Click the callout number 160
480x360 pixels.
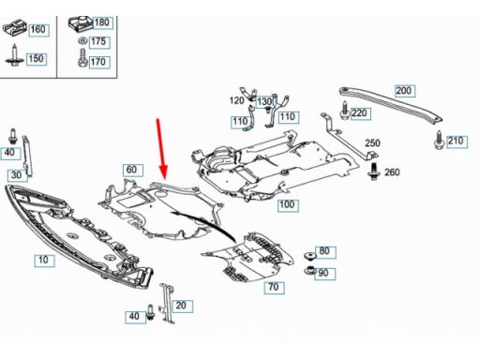click(38, 30)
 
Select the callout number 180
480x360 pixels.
click(102, 22)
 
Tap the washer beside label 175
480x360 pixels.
click(82, 41)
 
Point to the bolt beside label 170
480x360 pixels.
click(82, 57)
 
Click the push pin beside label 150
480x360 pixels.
click(14, 55)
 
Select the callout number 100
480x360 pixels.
click(288, 205)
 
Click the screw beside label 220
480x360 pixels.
click(344, 110)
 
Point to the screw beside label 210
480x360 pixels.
click(440, 140)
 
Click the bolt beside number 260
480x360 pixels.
click(372, 171)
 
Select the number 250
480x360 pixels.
click(372, 143)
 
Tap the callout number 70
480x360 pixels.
click(274, 287)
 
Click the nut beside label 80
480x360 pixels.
click(310, 256)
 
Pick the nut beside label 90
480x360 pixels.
click(309, 270)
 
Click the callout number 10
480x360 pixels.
click(44, 260)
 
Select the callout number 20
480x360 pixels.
click(182, 306)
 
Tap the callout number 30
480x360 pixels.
click(18, 175)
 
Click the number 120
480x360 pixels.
click(236, 100)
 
